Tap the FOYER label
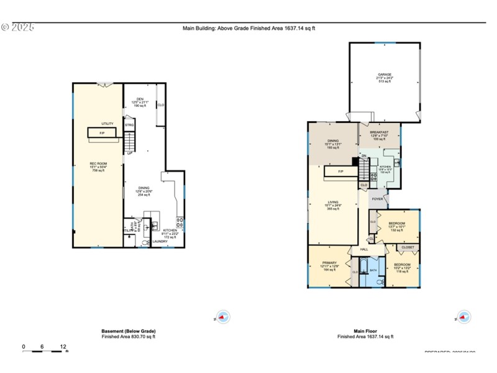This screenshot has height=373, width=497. tap(377, 199)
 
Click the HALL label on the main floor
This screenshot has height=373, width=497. tap(364, 249)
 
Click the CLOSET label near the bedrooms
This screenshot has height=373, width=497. tap(408, 247)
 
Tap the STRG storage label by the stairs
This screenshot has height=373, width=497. tap(129, 126)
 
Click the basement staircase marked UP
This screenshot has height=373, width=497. tap(129, 142)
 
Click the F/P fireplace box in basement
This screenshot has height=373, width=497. tap(101, 133)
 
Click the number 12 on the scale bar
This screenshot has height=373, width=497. tap(63, 346)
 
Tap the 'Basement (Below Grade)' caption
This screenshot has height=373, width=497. tap(129, 331)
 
